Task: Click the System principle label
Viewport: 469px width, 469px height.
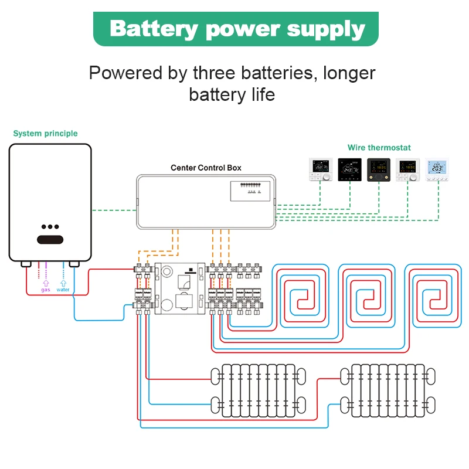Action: pyautogui.click(x=45, y=134)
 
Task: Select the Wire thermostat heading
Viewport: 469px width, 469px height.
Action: pyautogui.click(x=379, y=148)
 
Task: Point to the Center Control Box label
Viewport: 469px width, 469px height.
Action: pyautogui.click(x=206, y=168)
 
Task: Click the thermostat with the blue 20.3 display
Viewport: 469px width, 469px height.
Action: pyautogui.click(x=437, y=169)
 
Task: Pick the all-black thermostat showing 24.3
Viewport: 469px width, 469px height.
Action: pyautogui.click(x=349, y=169)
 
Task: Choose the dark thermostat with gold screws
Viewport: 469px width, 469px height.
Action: pyautogui.click(x=378, y=169)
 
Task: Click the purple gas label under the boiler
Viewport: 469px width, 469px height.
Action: pyautogui.click(x=45, y=290)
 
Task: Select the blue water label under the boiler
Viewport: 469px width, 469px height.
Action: pyautogui.click(x=63, y=290)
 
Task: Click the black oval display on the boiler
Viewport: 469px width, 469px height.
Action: pyautogui.click(x=50, y=239)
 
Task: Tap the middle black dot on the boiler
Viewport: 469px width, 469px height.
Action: pyautogui.click(x=50, y=227)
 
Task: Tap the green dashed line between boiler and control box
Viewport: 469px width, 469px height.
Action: pyautogui.click(x=114, y=209)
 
